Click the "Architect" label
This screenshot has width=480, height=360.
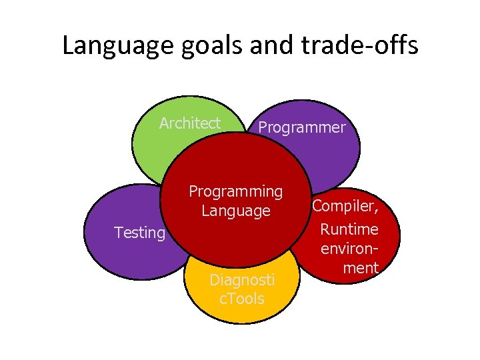(x=190, y=123)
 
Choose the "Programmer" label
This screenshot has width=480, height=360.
(x=302, y=127)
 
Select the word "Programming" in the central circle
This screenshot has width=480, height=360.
(x=236, y=191)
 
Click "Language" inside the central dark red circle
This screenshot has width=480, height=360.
(x=236, y=211)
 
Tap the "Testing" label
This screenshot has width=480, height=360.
(x=139, y=233)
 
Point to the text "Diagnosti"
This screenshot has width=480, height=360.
(x=242, y=279)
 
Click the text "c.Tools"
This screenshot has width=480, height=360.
(x=242, y=299)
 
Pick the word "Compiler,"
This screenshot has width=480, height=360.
(x=347, y=207)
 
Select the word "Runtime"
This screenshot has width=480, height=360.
(x=349, y=229)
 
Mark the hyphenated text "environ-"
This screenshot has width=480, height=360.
(x=349, y=249)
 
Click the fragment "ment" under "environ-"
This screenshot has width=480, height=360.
(x=360, y=268)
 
